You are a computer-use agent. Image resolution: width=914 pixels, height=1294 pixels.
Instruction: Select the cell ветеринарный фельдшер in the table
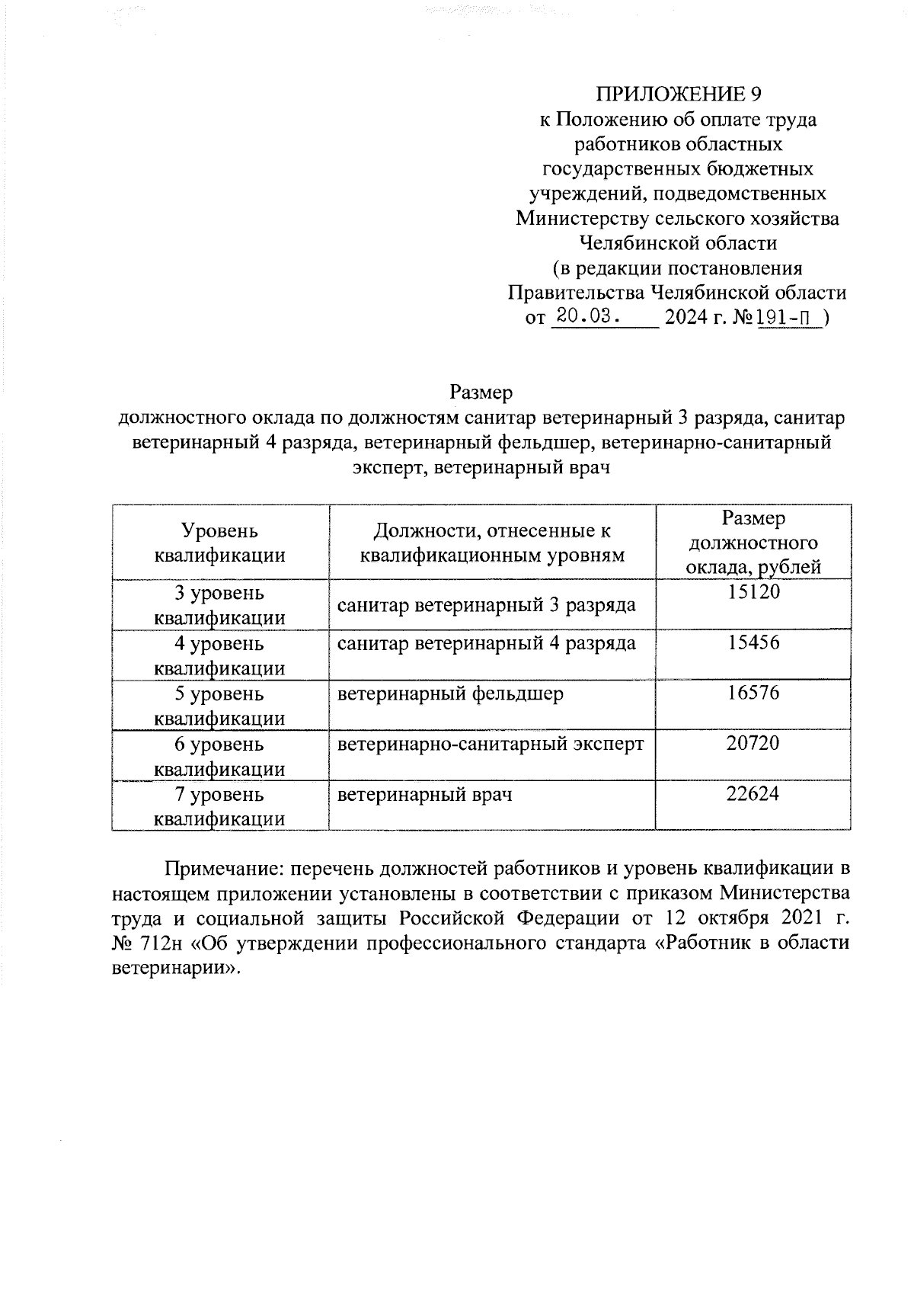click(451, 694)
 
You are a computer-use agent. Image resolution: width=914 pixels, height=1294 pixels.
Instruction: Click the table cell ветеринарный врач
click(425, 795)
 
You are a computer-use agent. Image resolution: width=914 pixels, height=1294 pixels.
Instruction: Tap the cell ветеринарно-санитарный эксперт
click(491, 744)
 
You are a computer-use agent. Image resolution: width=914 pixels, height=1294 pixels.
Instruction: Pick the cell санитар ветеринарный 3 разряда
click(487, 606)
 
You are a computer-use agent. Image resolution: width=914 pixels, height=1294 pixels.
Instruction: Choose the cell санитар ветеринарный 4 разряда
click(487, 644)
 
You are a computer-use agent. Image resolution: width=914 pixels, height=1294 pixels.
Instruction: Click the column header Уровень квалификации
click(220, 543)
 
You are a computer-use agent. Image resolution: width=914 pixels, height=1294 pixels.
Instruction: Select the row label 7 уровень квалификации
click(220, 806)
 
